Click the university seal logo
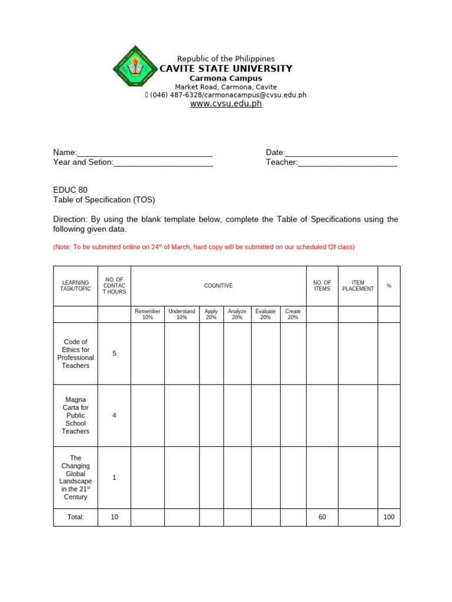coord(134,68)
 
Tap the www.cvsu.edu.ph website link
coord(225,104)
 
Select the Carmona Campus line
coord(226,78)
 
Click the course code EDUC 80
coord(70,190)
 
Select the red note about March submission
coord(204,248)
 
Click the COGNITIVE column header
coord(218,286)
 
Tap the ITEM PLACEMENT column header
coord(358,286)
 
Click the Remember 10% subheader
coord(147,315)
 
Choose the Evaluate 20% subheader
coord(265,315)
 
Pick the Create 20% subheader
coord(293,315)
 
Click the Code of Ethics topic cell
coord(75,353)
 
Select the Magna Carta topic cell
coord(75,416)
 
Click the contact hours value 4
coord(114,416)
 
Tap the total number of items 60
coord(322,517)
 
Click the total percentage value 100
coord(388,517)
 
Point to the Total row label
coord(75,517)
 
